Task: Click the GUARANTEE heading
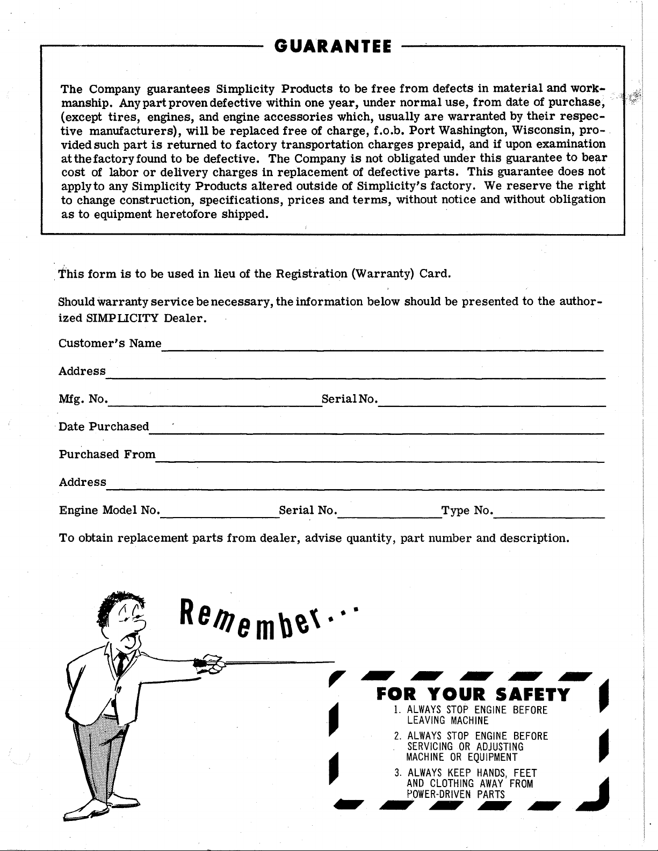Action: coord(332,47)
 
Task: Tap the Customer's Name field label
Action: coord(110,343)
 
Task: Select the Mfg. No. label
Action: coord(83,399)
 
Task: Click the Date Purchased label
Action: coord(104,427)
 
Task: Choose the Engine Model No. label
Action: coord(109,510)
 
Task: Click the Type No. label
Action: coord(466,510)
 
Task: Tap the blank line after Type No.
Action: coord(549,515)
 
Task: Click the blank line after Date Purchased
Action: coord(376,432)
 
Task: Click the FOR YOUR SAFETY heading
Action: coord(473,695)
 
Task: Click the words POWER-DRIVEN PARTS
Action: coord(456,795)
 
